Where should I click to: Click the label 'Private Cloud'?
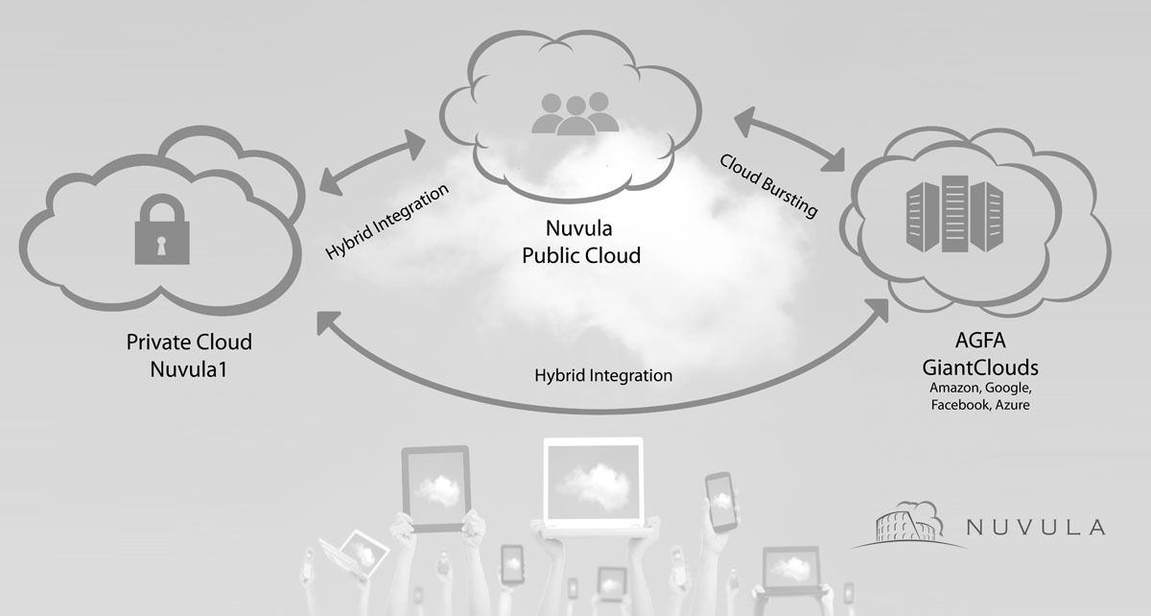coord(190,343)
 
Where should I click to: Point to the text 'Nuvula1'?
coord(190,367)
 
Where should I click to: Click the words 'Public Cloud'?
coord(580,256)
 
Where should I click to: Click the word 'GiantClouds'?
coord(979,368)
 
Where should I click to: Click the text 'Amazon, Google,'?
coord(979,388)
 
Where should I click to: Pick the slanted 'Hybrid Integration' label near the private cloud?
coord(387,222)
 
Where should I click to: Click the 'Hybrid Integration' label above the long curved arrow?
coord(603,375)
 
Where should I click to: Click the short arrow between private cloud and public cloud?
coord(373,158)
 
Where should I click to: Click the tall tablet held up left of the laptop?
coord(435,486)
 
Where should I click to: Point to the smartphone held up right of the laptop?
coord(720,502)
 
